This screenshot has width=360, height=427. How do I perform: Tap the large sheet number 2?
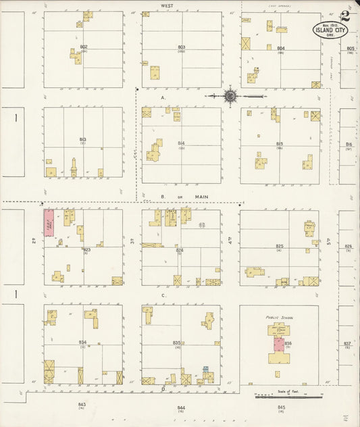point(345,16)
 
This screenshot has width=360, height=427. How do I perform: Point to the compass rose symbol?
point(230,97)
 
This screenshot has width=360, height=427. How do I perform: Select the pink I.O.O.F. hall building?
point(49,222)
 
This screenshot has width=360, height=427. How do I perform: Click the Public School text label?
point(278,314)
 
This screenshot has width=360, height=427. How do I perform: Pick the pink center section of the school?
point(278,343)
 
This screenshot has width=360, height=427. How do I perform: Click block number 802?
point(84,47)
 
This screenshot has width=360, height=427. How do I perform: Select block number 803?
point(181,47)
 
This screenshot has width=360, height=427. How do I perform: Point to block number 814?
point(181,143)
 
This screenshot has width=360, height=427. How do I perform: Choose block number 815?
point(280,143)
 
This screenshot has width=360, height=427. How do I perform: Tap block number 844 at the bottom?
point(181,407)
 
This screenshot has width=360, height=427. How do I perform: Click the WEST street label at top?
point(167,5)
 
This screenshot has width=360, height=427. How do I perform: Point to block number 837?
point(347,343)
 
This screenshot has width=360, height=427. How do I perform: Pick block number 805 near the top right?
point(350,49)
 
